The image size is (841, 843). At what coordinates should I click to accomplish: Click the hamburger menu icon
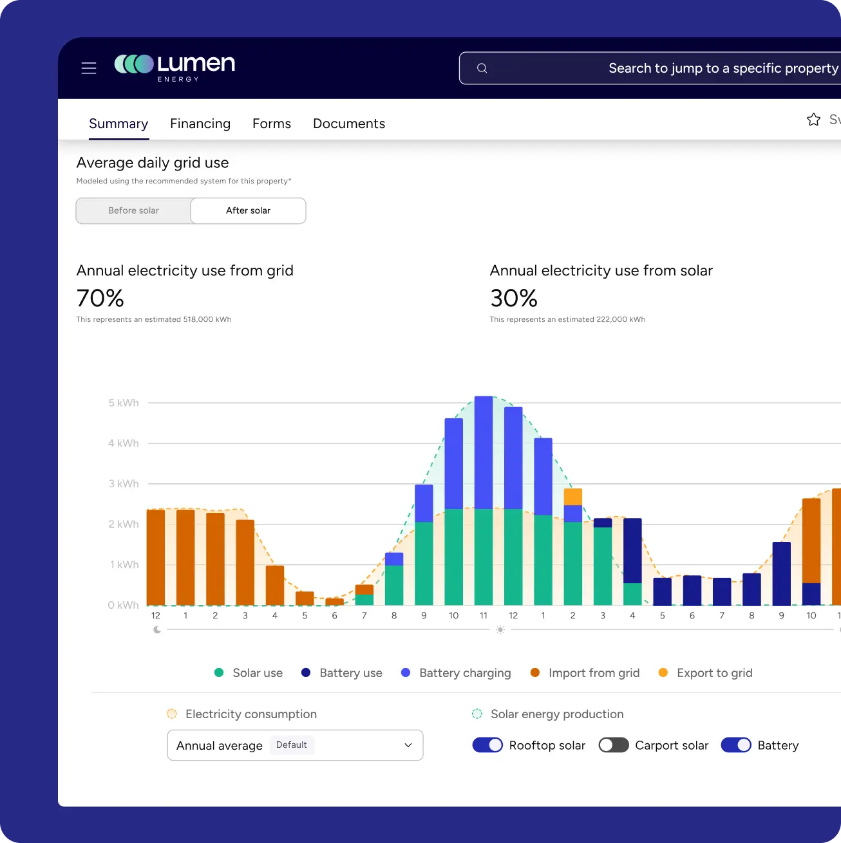tap(89, 68)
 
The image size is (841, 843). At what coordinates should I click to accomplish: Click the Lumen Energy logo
tap(175, 68)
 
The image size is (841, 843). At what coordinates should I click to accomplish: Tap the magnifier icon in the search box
tap(482, 68)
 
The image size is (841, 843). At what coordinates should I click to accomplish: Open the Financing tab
tap(200, 124)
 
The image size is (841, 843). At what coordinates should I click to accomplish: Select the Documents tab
tap(348, 124)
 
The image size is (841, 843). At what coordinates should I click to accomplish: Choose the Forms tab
tap(271, 124)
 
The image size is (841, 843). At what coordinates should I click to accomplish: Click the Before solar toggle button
tap(133, 210)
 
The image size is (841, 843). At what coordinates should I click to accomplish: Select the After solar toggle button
tap(248, 210)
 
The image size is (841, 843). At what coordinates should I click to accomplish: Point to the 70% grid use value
tap(100, 298)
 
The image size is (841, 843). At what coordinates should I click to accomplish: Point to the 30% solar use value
tap(513, 298)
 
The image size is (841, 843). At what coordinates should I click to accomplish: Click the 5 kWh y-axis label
tap(123, 403)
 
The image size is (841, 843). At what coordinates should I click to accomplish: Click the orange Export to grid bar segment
tap(572, 497)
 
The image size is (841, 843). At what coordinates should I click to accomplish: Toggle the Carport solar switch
tap(613, 745)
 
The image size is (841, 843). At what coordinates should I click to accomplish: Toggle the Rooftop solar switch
tap(487, 745)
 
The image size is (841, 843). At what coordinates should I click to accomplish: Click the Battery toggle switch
tap(736, 745)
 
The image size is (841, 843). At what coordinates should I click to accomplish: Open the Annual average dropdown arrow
tap(408, 745)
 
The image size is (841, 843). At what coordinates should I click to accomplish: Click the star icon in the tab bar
tap(813, 120)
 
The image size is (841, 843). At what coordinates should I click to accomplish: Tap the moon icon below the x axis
tap(157, 630)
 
